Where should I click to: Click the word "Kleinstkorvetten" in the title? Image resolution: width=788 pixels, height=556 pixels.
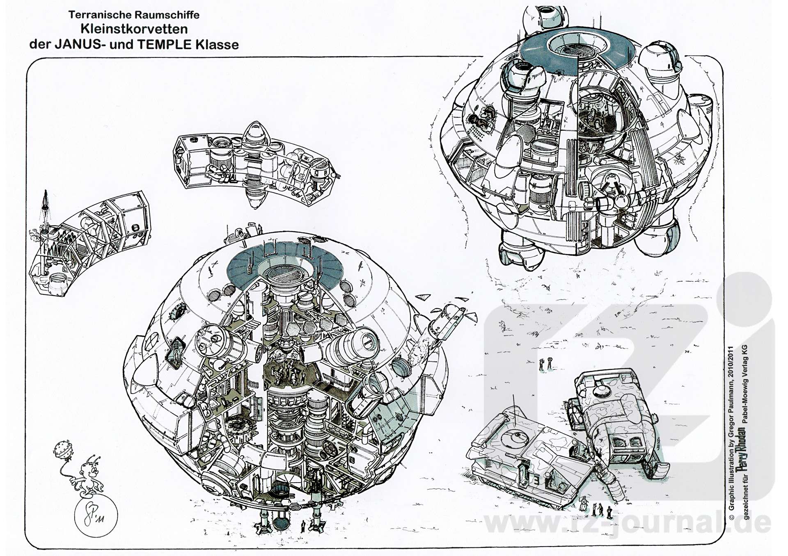pos(134,29)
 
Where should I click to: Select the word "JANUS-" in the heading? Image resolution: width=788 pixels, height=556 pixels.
pos(82,44)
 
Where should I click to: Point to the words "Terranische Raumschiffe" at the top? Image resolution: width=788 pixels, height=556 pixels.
pos(134,15)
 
